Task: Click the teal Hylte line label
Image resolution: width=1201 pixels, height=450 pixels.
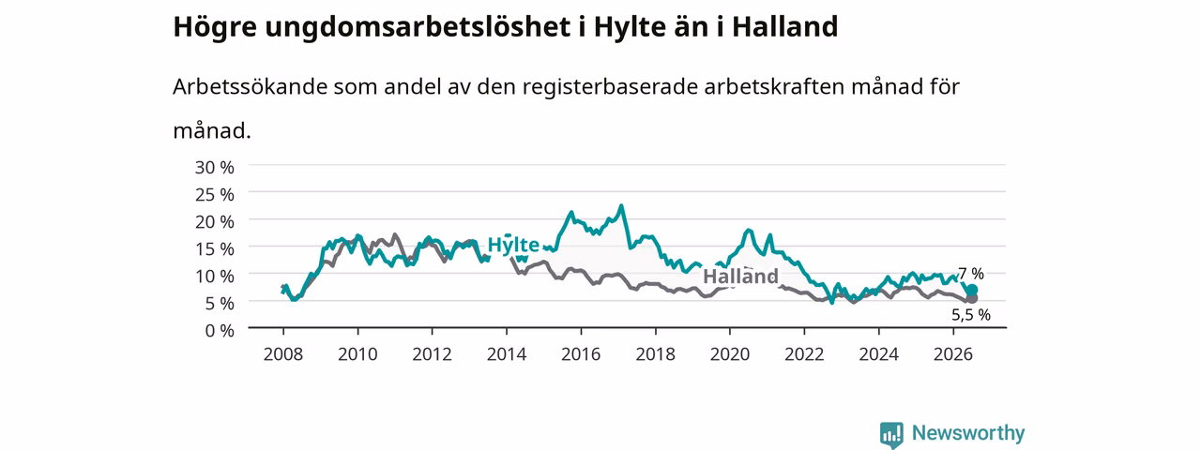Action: point(513,245)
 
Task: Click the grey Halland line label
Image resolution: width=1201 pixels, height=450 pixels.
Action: point(740,277)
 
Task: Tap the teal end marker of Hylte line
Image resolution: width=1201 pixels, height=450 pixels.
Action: point(971,291)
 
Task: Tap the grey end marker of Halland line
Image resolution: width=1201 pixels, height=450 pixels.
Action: point(971,298)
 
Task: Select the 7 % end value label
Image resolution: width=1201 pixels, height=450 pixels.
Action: point(971,275)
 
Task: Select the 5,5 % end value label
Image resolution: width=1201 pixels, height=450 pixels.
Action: point(971,315)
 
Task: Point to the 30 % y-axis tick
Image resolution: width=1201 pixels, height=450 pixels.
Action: point(215,168)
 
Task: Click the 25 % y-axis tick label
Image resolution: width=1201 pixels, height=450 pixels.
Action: point(215,195)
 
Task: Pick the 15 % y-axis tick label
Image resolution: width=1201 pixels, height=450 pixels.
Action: point(215,249)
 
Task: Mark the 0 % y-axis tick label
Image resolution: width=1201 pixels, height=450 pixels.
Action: point(220,331)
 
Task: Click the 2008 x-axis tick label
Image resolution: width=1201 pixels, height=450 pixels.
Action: point(283,354)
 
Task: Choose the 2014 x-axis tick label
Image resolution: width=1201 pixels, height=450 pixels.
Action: point(506,354)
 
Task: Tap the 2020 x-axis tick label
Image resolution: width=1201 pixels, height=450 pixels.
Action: point(730,354)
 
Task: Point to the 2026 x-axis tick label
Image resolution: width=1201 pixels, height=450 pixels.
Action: point(953,354)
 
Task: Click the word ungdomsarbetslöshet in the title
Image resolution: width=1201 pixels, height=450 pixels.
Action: point(418,27)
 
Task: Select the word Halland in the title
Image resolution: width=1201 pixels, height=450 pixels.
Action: point(785,27)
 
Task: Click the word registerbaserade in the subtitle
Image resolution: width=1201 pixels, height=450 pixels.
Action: point(610,87)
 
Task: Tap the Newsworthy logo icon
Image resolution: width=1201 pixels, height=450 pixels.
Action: point(891,434)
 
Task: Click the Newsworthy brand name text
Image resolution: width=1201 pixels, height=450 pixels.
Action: point(968,433)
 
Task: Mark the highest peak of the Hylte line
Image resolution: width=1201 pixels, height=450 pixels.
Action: point(621,205)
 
